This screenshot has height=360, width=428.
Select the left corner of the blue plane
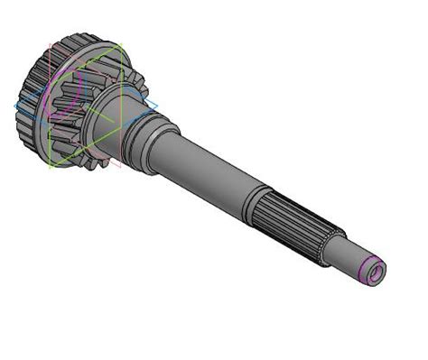15,106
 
